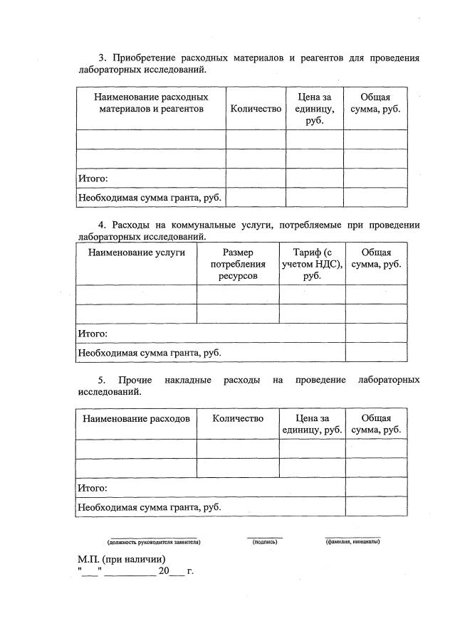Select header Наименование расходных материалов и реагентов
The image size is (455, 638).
coord(150,103)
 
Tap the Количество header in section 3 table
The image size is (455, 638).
coord(256,109)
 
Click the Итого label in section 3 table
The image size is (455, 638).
coord(93,178)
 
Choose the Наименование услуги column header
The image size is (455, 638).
coord(136,252)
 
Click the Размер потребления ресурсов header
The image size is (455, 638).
coord(238,264)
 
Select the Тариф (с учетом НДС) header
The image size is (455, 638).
coord(312,264)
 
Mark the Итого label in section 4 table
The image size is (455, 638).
coord(93,333)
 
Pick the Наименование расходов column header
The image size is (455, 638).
coord(136,419)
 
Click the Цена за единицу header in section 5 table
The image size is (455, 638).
coord(312,424)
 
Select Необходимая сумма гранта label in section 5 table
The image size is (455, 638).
coord(149,506)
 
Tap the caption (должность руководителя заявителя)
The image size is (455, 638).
coord(154,543)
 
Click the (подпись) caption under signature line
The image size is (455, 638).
coord(264,543)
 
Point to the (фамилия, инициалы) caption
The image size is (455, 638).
coord(352,543)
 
